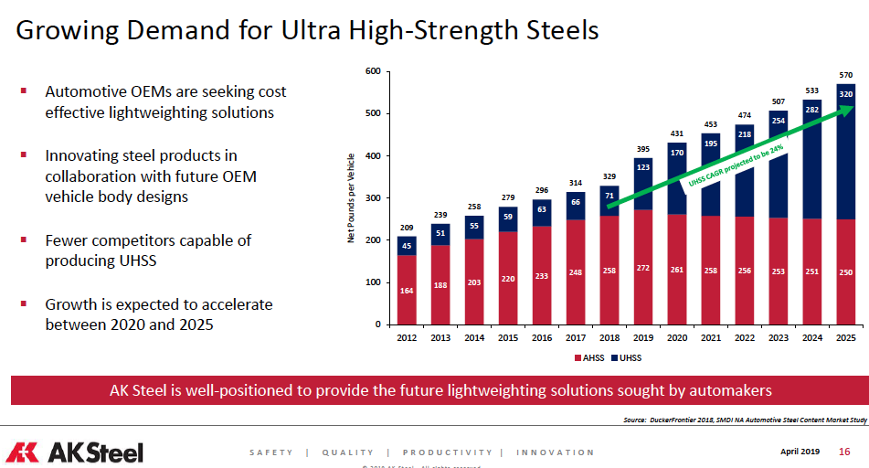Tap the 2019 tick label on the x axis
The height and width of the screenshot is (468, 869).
[x=643, y=339]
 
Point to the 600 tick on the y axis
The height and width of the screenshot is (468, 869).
[x=371, y=71]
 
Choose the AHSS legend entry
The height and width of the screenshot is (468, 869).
[x=593, y=357]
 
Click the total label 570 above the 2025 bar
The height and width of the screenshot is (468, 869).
[x=846, y=74]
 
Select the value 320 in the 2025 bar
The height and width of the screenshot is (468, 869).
[x=846, y=94]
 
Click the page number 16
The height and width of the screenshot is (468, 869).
[x=844, y=452]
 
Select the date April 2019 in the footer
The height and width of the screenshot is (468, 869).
[x=800, y=452]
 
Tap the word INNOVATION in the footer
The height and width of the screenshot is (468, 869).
[x=555, y=452]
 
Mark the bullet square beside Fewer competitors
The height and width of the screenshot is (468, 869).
[x=24, y=239]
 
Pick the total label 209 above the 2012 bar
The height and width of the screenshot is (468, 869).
[x=407, y=227]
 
